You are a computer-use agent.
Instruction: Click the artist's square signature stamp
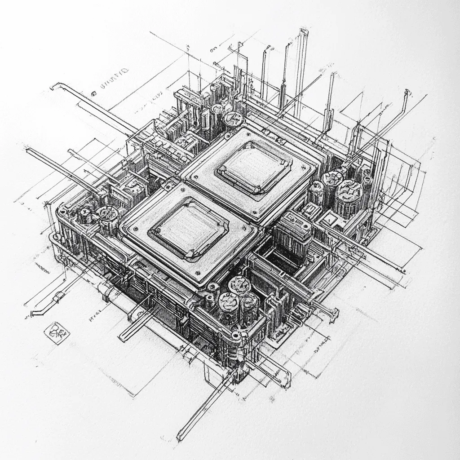pyautogui.click(x=57, y=333)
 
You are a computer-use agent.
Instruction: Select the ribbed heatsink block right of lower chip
pyautogui.click(x=293, y=234)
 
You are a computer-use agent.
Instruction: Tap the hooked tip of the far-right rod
pyautogui.click(x=407, y=93)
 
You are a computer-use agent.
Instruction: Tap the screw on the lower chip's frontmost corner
pyautogui.click(x=196, y=274)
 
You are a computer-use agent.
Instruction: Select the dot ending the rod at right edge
pyautogui.click(x=403, y=271)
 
